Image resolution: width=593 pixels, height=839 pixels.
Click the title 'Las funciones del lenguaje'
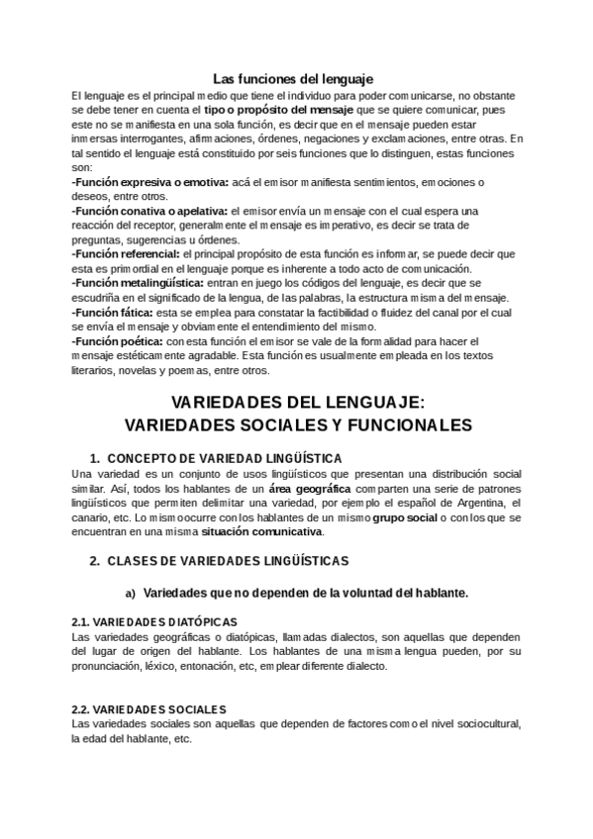293,79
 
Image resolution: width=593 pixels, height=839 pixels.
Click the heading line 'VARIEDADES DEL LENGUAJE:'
297,404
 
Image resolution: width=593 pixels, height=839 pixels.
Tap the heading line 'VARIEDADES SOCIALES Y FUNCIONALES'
298,425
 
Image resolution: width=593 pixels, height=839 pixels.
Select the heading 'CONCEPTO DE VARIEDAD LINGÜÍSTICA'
224,459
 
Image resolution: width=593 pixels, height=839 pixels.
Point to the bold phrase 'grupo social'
403,517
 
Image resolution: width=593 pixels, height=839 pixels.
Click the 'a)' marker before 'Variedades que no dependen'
130,594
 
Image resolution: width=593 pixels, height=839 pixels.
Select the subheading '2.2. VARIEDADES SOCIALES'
149,709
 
